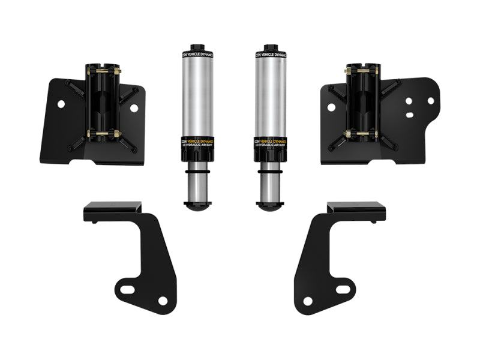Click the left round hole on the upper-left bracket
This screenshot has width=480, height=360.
click(61, 104)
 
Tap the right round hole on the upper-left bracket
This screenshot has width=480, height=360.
click(134, 108)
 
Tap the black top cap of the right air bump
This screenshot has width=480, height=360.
click(269, 48)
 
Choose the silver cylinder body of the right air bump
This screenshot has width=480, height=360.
click(269, 96)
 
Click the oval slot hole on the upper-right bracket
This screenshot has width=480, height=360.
click(412, 101)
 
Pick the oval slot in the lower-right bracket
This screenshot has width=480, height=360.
click(340, 290)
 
